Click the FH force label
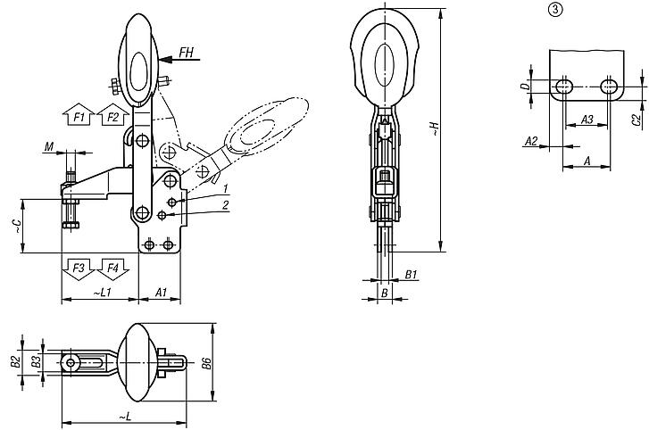186,53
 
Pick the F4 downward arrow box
112,267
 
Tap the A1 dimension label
161,292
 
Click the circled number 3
554,10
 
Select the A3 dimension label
587,119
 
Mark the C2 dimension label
636,119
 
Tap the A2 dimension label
530,141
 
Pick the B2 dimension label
14,361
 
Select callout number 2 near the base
227,205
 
